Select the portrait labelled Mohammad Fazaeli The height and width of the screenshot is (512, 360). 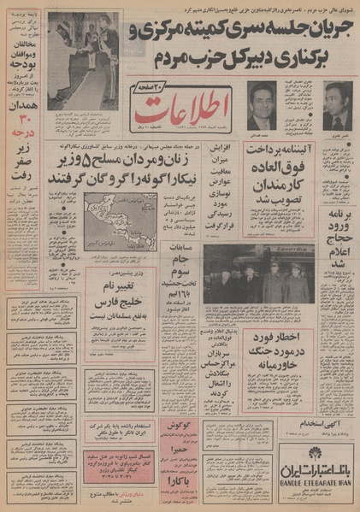(x=265, y=103)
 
